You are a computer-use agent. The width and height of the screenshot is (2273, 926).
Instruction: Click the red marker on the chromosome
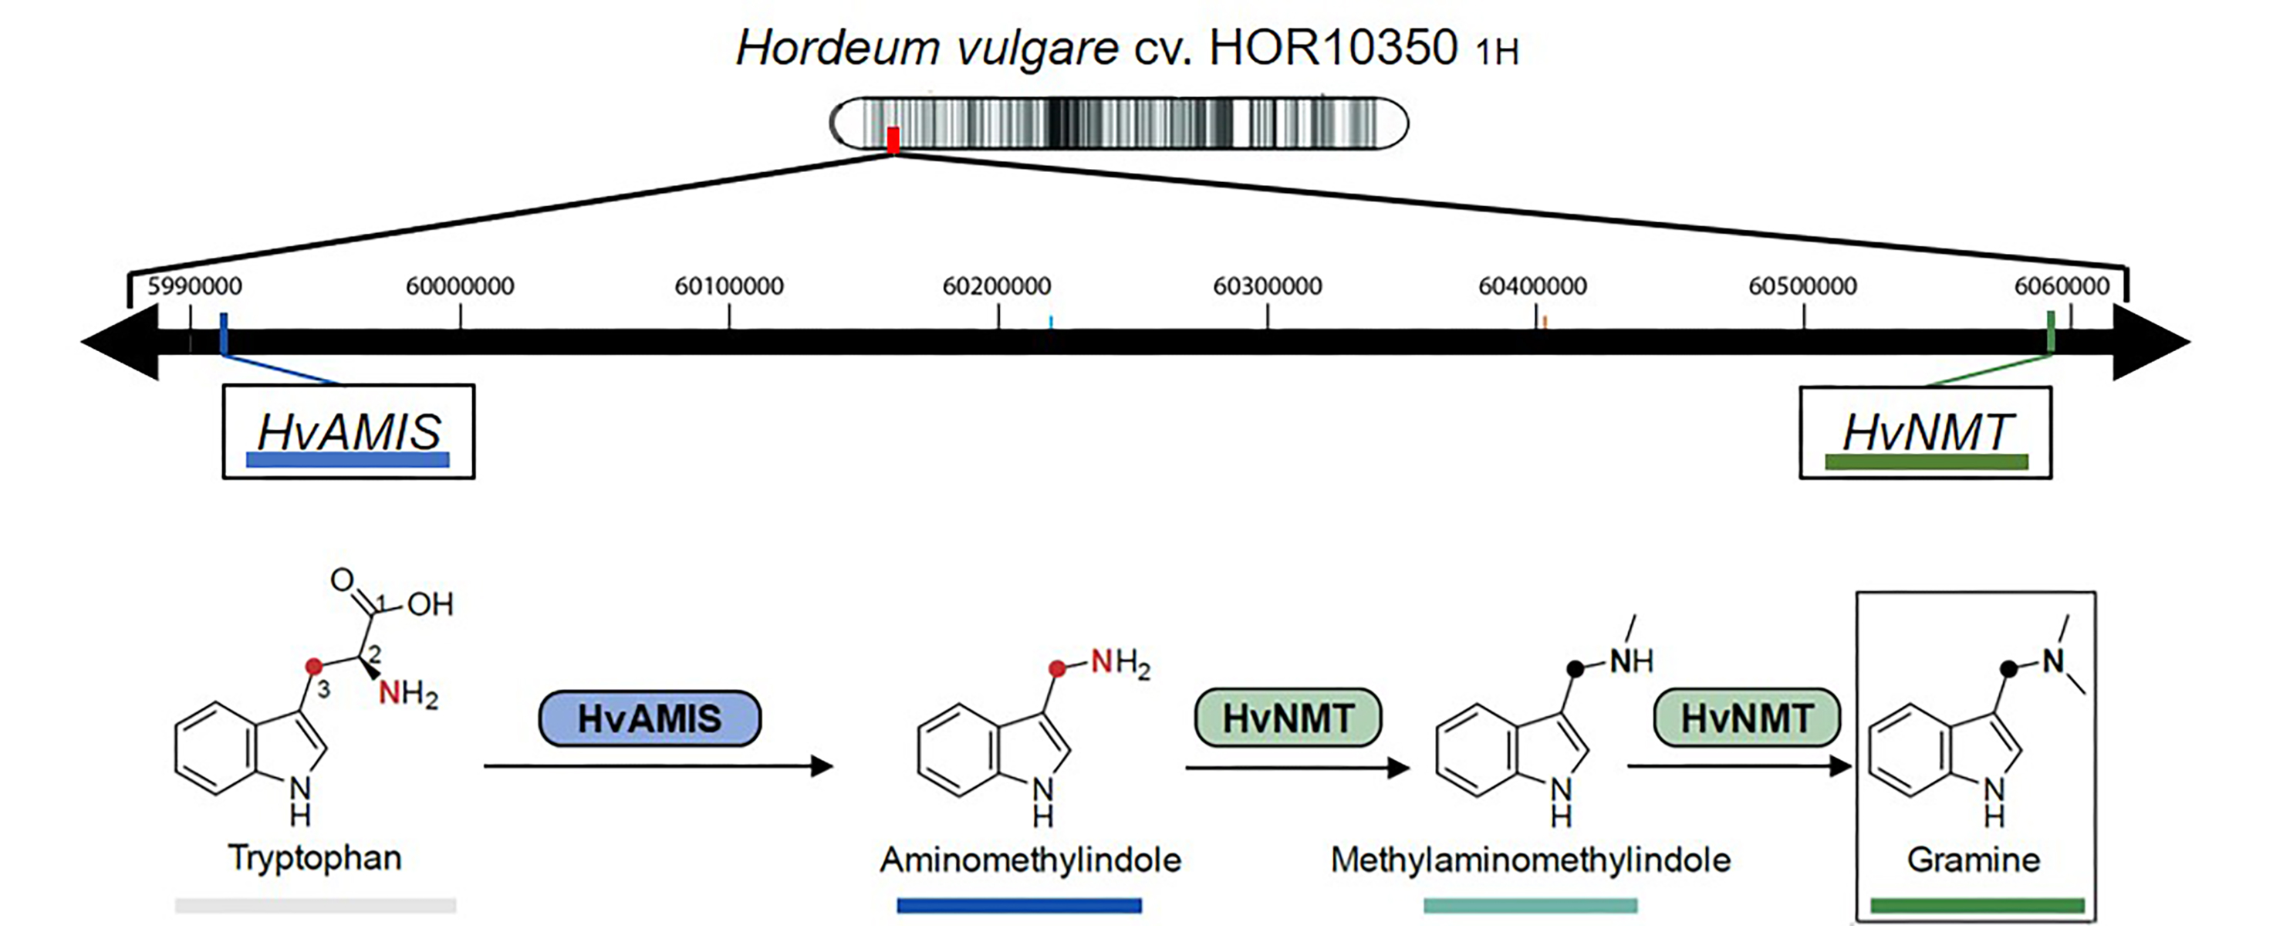pyautogui.click(x=893, y=140)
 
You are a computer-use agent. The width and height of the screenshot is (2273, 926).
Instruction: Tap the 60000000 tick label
pyautogui.click(x=460, y=286)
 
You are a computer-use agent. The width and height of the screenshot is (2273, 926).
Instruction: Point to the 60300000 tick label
pyautogui.click(x=1267, y=286)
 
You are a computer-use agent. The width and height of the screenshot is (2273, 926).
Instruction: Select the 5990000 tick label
pyautogui.click(x=194, y=286)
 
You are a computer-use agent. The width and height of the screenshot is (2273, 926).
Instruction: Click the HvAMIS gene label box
pyautogui.click(x=349, y=431)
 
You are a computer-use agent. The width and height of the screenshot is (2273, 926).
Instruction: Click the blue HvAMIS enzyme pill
pyautogui.click(x=650, y=718)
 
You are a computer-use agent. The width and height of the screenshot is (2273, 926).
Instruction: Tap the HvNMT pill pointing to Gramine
pyautogui.click(x=1746, y=718)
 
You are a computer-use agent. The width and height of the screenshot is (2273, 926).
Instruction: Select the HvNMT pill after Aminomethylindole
pyautogui.click(x=1288, y=718)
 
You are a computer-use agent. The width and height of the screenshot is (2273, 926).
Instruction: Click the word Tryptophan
pyautogui.click(x=315, y=858)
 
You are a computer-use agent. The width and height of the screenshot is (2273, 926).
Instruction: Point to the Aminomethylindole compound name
pyautogui.click(x=1030, y=860)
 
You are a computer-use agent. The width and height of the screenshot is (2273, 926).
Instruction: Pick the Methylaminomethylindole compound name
pyautogui.click(x=1530, y=860)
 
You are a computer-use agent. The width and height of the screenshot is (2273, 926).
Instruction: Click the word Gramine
pyautogui.click(x=1973, y=860)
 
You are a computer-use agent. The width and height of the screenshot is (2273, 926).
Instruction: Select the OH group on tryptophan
pyautogui.click(x=430, y=605)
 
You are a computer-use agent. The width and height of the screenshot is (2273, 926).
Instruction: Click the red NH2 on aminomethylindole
pyautogui.click(x=1120, y=662)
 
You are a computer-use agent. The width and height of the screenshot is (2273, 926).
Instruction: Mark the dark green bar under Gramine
pyautogui.click(x=1977, y=905)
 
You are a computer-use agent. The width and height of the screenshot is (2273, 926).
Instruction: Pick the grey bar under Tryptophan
pyautogui.click(x=315, y=905)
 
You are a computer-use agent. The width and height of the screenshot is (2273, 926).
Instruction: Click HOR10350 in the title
pyautogui.click(x=1332, y=49)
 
